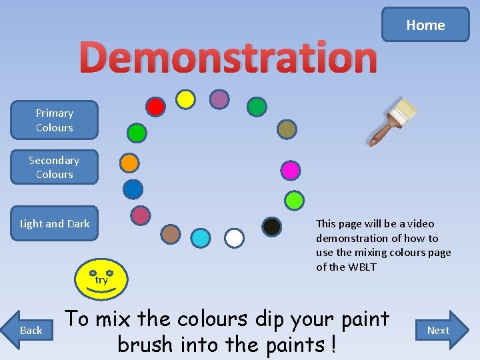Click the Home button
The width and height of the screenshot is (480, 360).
click(x=425, y=25)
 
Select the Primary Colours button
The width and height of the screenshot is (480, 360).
click(x=55, y=120)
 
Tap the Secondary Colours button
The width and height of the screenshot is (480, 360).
click(x=54, y=167)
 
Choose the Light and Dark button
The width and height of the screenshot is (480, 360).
click(x=55, y=223)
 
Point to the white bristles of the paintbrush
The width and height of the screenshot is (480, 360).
click(x=404, y=108)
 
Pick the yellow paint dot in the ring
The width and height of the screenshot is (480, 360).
click(x=185, y=99)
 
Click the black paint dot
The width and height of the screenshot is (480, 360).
click(x=271, y=227)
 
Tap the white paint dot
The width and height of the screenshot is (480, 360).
click(x=234, y=238)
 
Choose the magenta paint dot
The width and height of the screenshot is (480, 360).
click(x=290, y=171)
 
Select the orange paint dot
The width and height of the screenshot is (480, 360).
click(x=129, y=162)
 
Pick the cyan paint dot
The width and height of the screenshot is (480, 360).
click(x=200, y=238)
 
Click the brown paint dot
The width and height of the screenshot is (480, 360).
click(x=171, y=233)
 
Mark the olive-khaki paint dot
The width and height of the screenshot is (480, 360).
click(x=286, y=129)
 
